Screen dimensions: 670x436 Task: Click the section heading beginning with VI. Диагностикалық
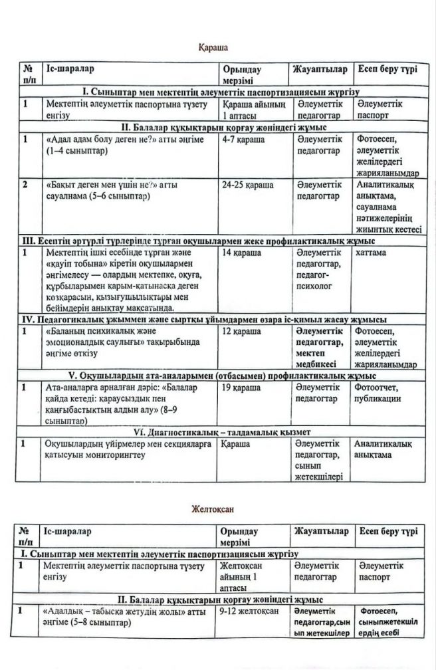point(218,430)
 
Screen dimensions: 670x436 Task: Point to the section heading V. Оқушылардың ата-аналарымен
point(218,374)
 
